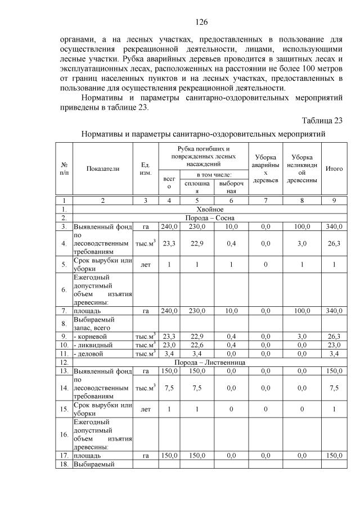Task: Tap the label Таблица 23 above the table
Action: point(322,121)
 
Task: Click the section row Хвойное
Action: point(209,208)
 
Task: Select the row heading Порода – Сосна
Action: point(209,217)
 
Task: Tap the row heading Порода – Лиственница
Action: point(209,362)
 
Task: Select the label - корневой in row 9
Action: point(91,337)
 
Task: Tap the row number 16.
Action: point(64,434)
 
